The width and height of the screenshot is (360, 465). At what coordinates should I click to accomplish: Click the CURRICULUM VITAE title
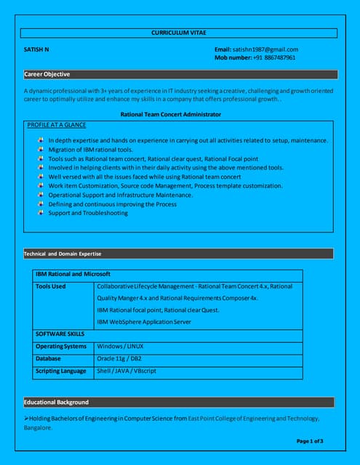[x=179, y=33]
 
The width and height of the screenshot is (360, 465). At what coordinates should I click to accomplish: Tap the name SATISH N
[x=37, y=49]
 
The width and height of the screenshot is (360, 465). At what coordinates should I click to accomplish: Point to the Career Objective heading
[x=47, y=74]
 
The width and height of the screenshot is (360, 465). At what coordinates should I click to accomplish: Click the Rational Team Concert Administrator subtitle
[x=171, y=114]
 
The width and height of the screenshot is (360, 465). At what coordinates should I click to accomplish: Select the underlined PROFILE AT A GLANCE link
[x=57, y=125]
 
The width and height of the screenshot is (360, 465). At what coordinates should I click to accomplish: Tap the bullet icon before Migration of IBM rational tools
[x=41, y=149]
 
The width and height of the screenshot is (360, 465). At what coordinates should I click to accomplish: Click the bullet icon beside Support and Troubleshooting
[x=41, y=213]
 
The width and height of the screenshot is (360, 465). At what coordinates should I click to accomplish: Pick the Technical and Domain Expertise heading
[x=63, y=254]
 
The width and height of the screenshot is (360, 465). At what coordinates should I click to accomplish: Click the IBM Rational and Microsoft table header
[x=73, y=274]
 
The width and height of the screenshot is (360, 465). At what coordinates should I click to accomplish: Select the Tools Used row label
[x=50, y=286]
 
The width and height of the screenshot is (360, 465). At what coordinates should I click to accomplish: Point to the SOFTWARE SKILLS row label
[x=60, y=333]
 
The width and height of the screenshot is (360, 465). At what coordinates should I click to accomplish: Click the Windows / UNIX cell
[x=120, y=346]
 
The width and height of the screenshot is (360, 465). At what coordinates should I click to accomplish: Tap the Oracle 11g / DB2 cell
[x=119, y=358]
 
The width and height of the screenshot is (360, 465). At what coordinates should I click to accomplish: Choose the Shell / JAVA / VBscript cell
[x=127, y=371]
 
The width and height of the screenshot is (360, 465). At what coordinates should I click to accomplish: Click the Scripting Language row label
[x=61, y=371]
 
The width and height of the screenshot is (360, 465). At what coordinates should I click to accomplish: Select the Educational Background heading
[x=57, y=402]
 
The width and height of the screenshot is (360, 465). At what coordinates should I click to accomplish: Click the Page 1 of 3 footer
[x=311, y=441]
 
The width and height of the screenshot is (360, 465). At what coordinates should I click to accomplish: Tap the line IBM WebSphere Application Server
[x=144, y=321]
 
